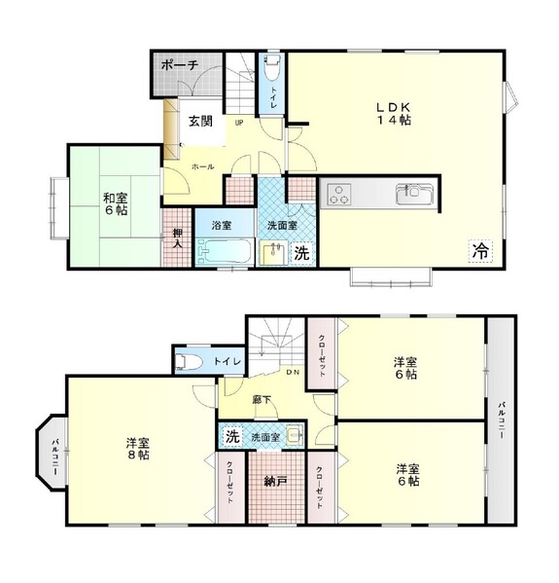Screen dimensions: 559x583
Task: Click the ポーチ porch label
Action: tap(180, 65)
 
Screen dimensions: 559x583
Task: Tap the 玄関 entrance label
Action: tap(200, 122)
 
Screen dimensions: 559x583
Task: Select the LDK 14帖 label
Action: tap(394, 114)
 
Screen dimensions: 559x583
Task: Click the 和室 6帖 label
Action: tap(116, 204)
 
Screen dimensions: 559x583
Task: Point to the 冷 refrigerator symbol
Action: tap(480, 252)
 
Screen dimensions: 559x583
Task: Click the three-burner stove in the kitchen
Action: tap(339, 195)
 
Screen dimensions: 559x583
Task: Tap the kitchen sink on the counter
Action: tap(414, 194)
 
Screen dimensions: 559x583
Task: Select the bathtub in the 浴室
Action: tap(225, 251)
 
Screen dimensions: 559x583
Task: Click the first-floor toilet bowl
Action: tap(271, 68)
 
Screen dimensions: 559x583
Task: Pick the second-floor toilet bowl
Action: tap(189, 362)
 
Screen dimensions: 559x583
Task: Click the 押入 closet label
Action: tap(178, 238)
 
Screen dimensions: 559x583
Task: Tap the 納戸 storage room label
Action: tap(275, 482)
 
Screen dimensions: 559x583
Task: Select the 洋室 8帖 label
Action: tap(138, 449)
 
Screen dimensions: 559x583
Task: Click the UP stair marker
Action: tap(239, 123)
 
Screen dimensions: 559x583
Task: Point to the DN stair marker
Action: tap(293, 372)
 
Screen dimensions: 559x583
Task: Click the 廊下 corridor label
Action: tap(262, 400)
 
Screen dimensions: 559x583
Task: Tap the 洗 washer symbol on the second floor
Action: tap(232, 436)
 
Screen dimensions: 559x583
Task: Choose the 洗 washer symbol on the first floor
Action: tap(301, 253)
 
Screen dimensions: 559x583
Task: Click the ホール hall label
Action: tap(203, 167)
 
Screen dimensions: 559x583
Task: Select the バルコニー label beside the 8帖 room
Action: tap(55, 456)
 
